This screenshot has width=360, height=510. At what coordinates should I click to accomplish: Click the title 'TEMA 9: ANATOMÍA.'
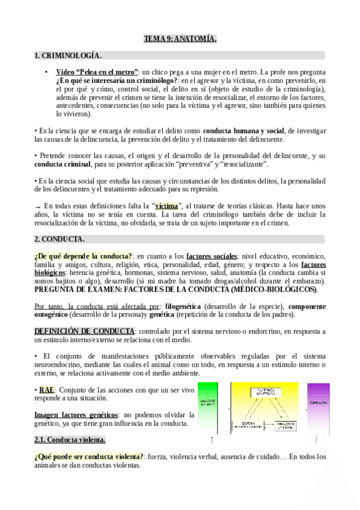180,39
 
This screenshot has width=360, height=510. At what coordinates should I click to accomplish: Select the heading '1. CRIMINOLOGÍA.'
68,56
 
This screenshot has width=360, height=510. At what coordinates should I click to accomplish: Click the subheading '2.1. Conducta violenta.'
70,440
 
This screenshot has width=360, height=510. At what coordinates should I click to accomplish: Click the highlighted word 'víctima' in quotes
166,206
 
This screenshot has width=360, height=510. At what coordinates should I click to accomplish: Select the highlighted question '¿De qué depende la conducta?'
84,256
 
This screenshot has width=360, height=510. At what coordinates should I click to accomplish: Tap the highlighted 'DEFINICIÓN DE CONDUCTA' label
84,331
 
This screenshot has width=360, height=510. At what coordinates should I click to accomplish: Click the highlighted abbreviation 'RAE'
46,390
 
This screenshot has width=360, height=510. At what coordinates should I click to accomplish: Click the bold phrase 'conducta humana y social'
243,130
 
